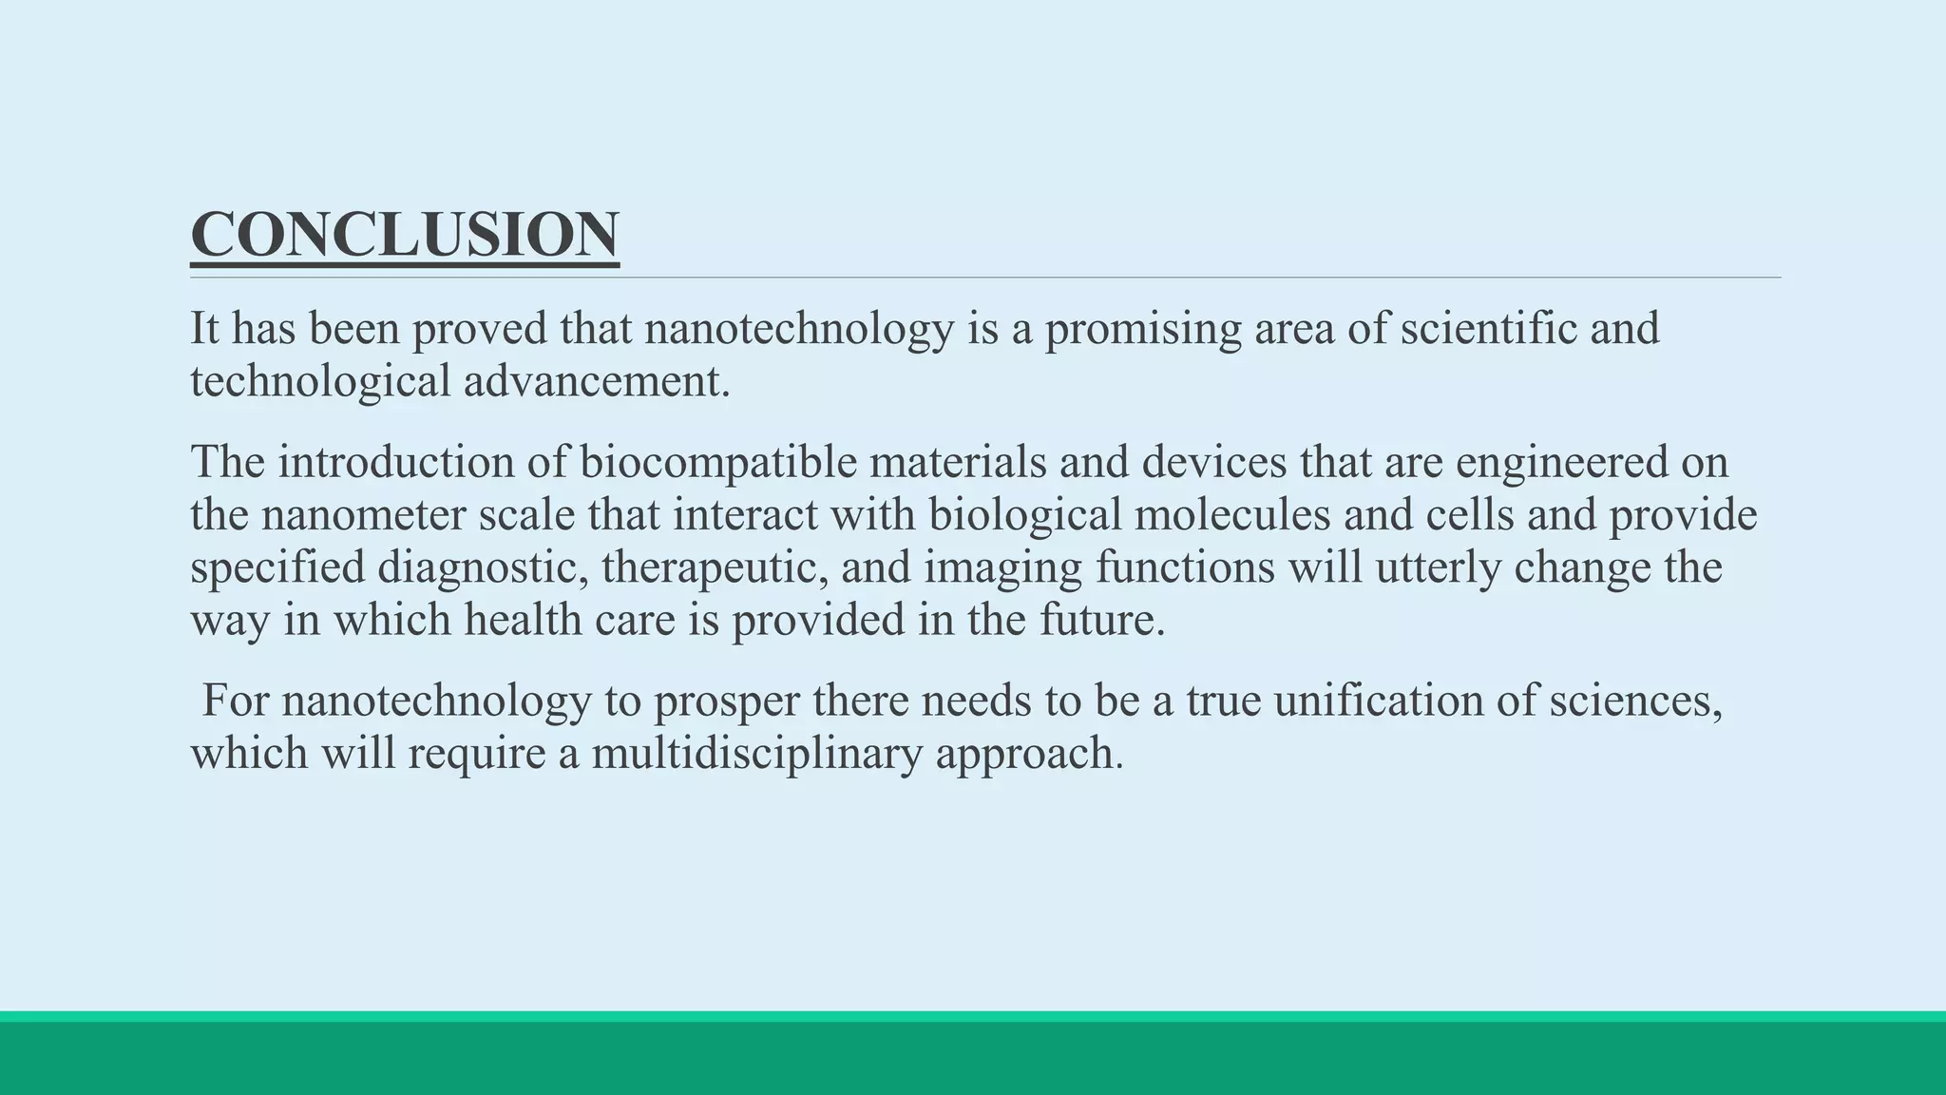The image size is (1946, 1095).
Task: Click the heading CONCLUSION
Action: tap(405, 235)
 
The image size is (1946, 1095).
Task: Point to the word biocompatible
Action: tap(717, 463)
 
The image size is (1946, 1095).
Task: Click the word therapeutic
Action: tap(714, 567)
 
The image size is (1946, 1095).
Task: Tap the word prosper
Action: tap(725, 701)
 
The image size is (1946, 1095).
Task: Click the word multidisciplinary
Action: tap(756, 754)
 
